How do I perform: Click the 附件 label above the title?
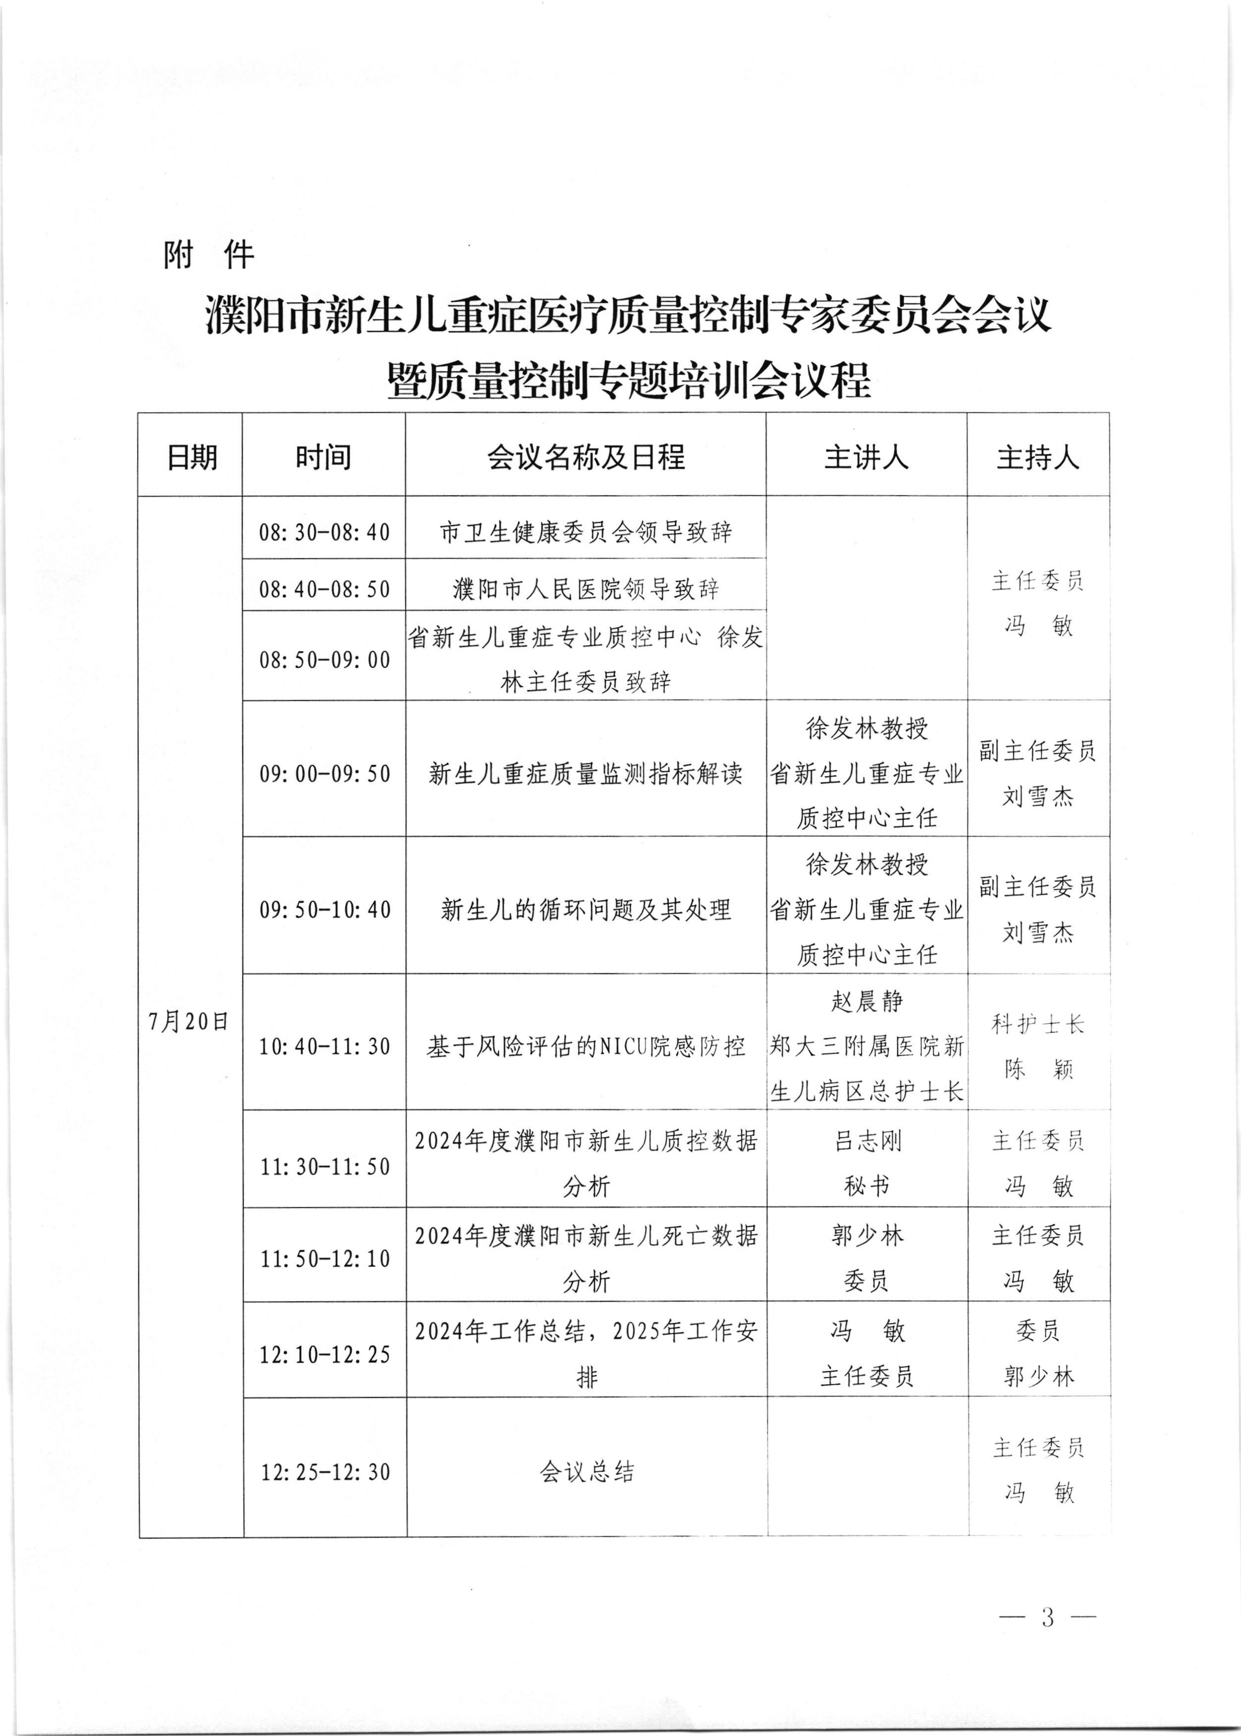[208, 254]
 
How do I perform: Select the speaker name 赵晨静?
[867, 1001]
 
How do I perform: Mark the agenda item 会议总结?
[586, 1472]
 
